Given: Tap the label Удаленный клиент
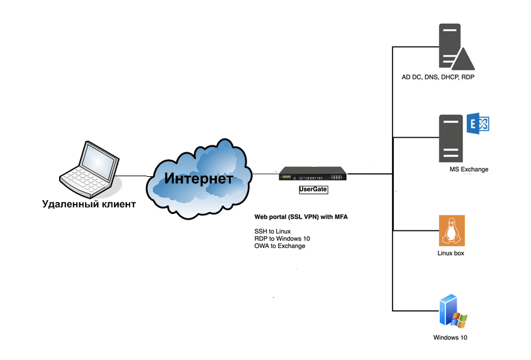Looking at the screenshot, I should tap(88, 204).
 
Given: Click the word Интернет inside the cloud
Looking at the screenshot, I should tap(199, 178).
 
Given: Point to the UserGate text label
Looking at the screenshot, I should tap(313, 189).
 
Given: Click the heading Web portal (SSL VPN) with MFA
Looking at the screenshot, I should tap(301, 217).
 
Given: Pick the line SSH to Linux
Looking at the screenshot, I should tap(272, 232).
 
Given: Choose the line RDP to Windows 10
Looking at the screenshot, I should tap(282, 239).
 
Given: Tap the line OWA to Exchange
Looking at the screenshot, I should tap(279, 246).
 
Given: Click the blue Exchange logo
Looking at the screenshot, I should tap(478, 123).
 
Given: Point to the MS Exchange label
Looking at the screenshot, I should tap(469, 169).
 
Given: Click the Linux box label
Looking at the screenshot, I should tap(450, 254).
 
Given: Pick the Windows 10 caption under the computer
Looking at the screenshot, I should tap(450, 338).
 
